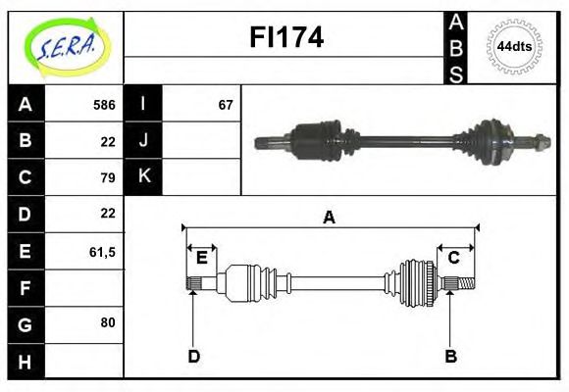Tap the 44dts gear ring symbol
coord(514,46)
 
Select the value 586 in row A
coord(103,104)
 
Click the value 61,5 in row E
coord(102,251)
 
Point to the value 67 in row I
coord(225,104)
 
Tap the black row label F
coord(26,287)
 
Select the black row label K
coord(144,176)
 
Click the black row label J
coord(144,140)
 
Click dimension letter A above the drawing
coord(330,218)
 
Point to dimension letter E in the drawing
coord(201,258)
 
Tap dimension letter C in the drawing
coord(453,258)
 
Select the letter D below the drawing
coord(193,357)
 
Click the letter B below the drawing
coord(451,357)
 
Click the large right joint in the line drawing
coord(416,283)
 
